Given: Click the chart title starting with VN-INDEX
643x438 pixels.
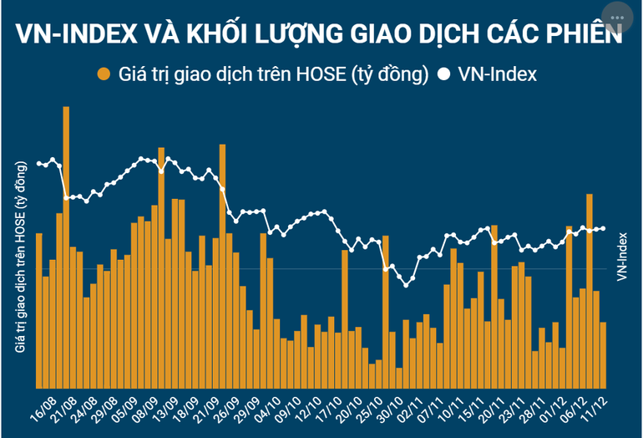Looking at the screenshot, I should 321,34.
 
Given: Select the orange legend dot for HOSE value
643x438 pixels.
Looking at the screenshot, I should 104,74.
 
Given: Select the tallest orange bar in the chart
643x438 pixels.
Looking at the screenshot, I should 66,251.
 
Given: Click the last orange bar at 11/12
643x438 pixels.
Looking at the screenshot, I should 603,355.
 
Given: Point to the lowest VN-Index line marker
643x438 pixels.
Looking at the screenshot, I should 407,285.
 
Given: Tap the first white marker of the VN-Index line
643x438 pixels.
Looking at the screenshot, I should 39,162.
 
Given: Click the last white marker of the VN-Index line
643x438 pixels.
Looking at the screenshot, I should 603,227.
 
